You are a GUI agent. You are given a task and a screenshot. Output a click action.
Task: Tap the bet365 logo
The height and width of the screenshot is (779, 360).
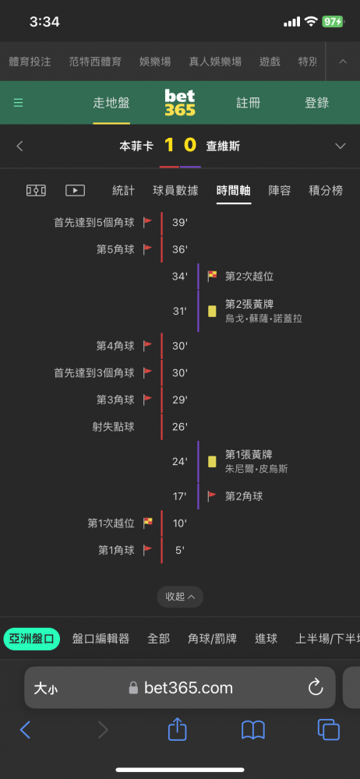pos(180,103)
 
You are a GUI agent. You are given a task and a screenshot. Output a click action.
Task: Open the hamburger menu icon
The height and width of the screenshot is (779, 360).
pos(19,103)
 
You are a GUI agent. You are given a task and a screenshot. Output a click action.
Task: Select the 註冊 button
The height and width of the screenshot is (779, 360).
pos(248,103)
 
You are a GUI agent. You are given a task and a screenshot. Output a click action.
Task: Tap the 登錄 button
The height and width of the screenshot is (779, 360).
pos(316,103)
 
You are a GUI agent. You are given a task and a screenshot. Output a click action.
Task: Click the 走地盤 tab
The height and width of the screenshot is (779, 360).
pos(111,103)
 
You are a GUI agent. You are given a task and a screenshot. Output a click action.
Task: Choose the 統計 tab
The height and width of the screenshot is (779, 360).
pos(123,190)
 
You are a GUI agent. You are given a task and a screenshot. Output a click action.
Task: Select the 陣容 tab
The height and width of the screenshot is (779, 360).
pos(280,190)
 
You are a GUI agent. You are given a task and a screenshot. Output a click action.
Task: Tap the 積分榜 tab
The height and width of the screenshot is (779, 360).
pos(326,190)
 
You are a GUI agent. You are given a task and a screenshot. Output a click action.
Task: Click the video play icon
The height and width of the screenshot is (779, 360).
pos(75,190)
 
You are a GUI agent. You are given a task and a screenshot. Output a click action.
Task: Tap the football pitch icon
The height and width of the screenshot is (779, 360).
pos(36,190)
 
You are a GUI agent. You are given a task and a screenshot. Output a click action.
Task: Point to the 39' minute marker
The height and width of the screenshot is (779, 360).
pos(179,223)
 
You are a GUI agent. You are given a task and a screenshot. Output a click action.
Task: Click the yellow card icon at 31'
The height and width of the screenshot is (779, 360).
pos(212,312)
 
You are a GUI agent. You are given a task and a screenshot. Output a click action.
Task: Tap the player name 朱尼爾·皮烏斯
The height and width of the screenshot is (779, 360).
pos(256,469)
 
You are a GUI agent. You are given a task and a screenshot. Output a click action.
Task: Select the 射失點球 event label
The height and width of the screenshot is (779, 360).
pos(113,427)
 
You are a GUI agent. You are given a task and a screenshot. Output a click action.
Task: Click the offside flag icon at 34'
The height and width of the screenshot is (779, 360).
pos(212,276)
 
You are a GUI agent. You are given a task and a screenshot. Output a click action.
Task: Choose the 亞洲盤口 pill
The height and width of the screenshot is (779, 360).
pos(32,639)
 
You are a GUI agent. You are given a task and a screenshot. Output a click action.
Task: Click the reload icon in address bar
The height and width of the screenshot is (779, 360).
pos(316,687)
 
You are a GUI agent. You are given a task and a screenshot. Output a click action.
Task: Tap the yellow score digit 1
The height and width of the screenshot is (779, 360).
pos(169,146)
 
